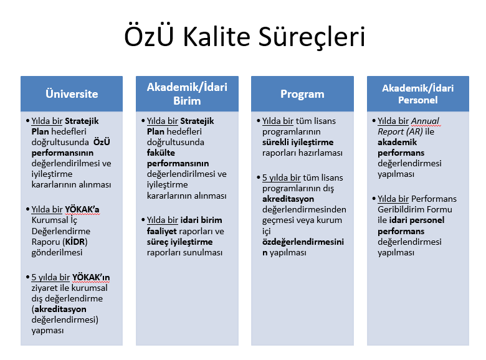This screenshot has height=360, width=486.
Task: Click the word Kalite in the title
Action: pos(216,37)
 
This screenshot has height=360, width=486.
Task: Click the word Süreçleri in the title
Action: pos(312,37)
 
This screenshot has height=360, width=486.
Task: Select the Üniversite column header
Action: pos(72,93)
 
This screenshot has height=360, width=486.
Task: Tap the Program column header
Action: pos(302,93)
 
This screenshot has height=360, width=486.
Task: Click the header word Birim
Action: pos(187,101)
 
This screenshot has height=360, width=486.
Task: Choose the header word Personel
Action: pos(418,100)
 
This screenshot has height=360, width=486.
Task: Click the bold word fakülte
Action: pos(161,153)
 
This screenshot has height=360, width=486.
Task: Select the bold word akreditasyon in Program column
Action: pos(288,199)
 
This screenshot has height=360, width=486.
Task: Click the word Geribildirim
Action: pos(398,209)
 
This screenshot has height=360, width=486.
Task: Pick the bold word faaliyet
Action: pos(162,231)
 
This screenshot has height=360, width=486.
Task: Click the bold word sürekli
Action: pos(276,142)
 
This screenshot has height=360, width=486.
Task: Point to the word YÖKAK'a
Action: pos(82,209)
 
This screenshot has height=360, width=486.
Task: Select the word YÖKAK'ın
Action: pos(91,277)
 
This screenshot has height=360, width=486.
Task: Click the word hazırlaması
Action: pos(324,153)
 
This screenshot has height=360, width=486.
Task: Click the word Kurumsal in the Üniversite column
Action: pos(50,220)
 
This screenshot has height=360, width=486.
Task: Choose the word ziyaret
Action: pos(44,288)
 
